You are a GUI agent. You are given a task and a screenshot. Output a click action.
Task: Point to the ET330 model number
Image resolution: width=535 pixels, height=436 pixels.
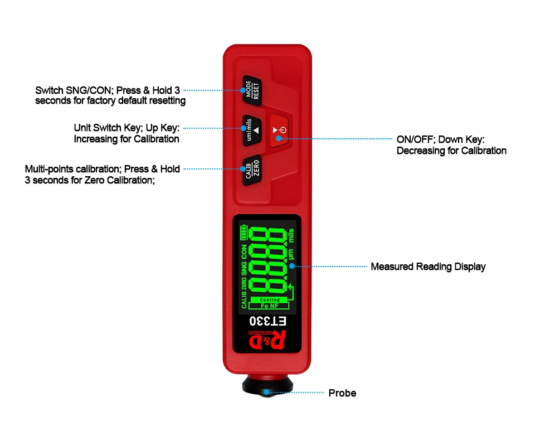(268, 321)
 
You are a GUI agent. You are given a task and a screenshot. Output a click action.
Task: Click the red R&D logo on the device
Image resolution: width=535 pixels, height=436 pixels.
(267, 340)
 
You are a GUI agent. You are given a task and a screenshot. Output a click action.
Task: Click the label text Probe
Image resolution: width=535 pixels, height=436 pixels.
(342, 393)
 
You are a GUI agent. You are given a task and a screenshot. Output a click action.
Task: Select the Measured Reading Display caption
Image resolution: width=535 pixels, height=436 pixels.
(428, 267)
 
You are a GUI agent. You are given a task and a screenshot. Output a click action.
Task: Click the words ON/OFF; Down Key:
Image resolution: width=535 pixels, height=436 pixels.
(441, 139)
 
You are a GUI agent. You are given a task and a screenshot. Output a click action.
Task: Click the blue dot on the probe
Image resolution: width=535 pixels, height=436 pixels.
(267, 393)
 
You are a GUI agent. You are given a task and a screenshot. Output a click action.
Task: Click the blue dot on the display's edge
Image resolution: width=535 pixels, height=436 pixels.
(292, 267)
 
